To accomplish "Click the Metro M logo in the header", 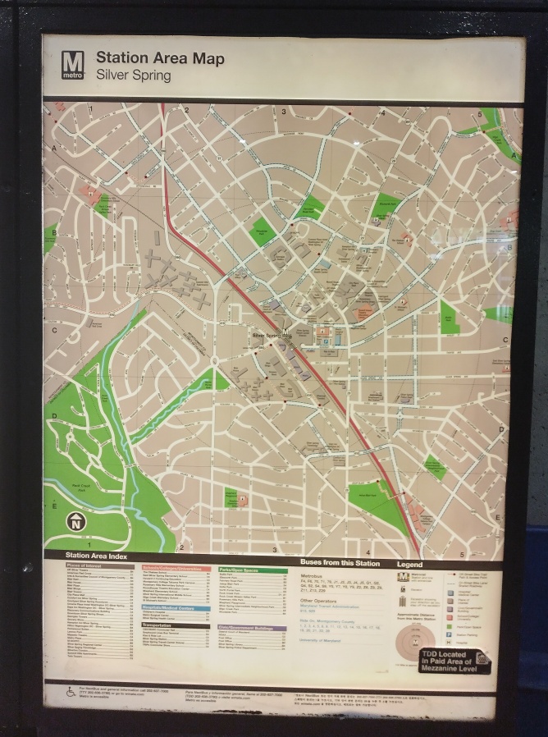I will (72, 65).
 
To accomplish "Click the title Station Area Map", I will (160, 58).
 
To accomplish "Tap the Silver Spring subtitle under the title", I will (134, 76).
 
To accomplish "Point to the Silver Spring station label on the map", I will (272, 336).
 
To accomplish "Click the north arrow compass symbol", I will (75, 521).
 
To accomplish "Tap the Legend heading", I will (410, 565).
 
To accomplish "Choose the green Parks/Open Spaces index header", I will (252, 569).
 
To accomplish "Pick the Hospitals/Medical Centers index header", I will (176, 608).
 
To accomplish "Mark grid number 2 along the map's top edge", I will (187, 109).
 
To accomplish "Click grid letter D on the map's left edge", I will (54, 416).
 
